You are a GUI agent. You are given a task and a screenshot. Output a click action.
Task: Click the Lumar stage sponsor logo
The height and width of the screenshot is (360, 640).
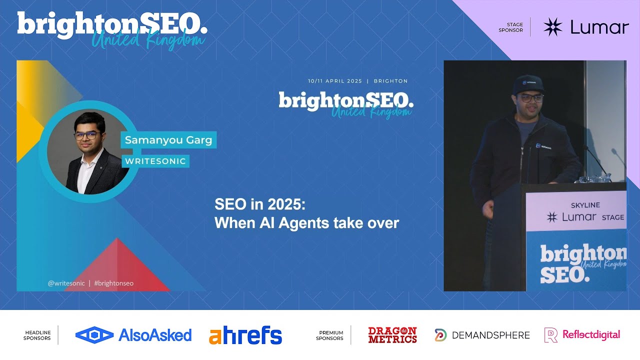pos(585,27)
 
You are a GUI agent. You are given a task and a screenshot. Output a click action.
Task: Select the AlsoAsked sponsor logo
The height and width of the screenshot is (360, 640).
pos(133,335)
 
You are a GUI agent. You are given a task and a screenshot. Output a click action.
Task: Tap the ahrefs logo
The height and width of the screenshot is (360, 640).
pos(245,335)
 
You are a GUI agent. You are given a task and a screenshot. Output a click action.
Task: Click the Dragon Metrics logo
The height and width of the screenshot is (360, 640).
pos(392,335)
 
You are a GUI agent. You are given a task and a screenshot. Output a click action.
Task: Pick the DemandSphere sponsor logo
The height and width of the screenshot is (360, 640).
pos(482,335)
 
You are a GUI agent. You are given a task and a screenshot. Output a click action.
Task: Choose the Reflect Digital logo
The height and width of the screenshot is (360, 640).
pos(582,335)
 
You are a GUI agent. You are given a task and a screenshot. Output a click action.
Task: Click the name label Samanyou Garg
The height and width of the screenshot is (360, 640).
pos(168,140)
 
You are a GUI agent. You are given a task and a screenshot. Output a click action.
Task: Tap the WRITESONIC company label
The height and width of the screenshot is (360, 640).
pos(155,161)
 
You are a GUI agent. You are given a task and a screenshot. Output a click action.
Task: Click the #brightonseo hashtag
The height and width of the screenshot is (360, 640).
pos(113,283)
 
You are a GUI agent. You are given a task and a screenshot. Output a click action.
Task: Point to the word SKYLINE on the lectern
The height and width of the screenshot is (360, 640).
pos(585,205)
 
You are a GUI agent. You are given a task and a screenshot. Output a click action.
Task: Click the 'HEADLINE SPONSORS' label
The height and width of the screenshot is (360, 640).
pos(37,335)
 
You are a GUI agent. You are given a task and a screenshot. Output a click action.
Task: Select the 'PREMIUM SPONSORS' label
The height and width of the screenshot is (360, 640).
pos(329,335)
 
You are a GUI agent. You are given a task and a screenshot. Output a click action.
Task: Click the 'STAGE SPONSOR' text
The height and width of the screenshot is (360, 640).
pos(510,27)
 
